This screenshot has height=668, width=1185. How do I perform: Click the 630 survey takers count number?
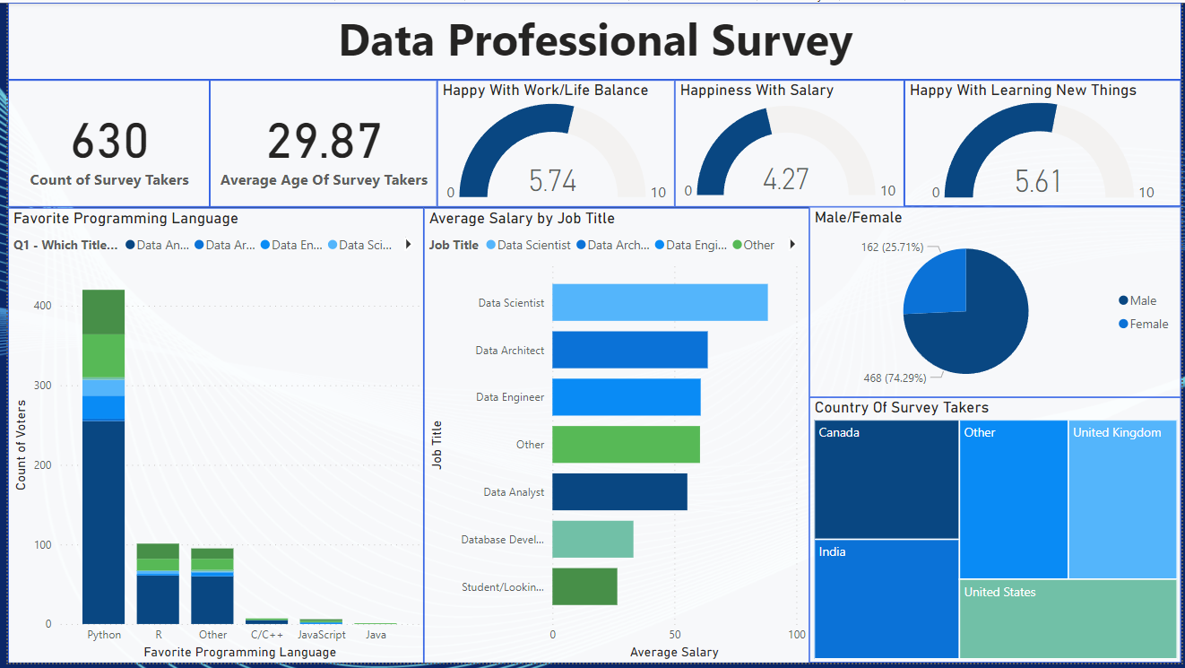tap(109, 142)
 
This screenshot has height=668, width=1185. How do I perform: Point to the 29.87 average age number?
tap(324, 142)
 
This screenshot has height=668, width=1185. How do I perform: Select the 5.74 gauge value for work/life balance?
tap(552, 181)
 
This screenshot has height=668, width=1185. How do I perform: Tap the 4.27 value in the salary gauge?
tap(785, 179)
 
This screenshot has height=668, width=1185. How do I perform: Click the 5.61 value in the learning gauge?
tap(1038, 181)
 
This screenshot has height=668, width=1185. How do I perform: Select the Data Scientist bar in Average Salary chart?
tap(660, 303)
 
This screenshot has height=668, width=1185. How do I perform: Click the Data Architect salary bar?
tap(629, 350)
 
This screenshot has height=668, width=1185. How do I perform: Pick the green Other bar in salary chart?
tap(626, 444)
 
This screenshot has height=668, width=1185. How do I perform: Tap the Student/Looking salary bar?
tap(584, 586)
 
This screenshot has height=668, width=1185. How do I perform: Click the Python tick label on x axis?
tap(104, 635)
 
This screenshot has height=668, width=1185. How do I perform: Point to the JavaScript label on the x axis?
tap(321, 635)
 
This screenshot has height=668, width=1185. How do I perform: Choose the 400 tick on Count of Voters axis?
tap(42, 306)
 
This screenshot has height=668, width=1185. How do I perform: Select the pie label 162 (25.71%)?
tap(893, 247)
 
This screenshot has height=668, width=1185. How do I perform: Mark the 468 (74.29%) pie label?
tap(893, 378)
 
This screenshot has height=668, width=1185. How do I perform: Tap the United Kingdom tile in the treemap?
tap(1122, 500)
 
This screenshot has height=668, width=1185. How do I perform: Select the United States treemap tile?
tap(1068, 619)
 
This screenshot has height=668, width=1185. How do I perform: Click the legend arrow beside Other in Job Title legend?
tap(791, 245)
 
